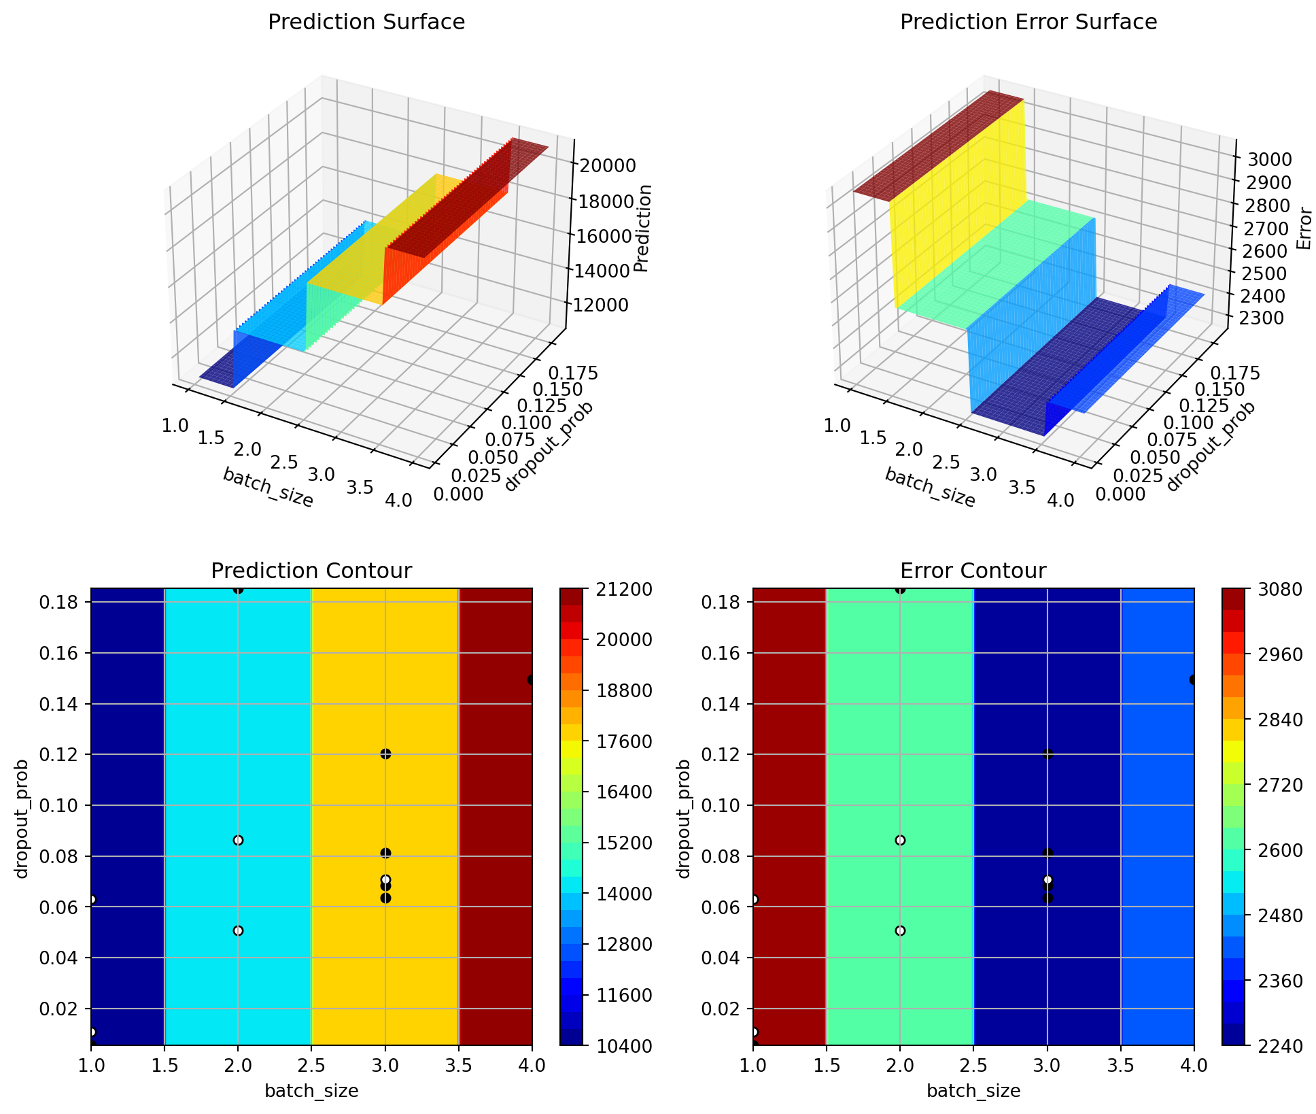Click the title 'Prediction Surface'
click(366, 22)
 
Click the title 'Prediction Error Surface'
click(1028, 22)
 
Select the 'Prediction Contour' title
click(311, 571)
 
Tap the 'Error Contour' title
click(973, 571)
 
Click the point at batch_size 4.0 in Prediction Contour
click(531, 679)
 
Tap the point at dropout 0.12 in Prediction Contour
click(385, 754)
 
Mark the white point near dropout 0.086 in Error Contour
click(900, 840)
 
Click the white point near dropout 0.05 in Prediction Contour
click(238, 930)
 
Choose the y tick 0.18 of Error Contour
click(727, 603)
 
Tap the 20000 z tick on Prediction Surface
click(607, 165)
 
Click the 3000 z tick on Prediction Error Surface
click(1269, 160)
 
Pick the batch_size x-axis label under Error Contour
click(973, 1092)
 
